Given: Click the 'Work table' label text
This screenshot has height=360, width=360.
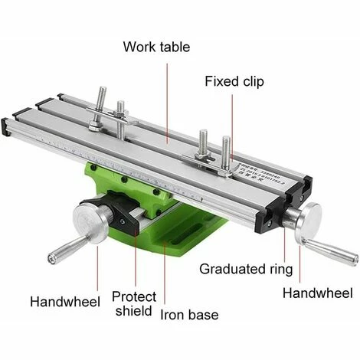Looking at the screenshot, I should (x=158, y=46).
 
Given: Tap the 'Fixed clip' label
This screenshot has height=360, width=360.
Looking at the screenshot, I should (x=237, y=81).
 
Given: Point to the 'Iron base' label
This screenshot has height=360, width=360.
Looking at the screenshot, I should (x=189, y=315).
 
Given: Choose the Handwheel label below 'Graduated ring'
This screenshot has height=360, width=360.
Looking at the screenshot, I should (x=317, y=293).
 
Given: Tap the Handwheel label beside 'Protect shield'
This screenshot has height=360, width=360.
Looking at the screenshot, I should (x=65, y=302).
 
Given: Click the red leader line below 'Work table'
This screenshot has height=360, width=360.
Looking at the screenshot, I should (x=167, y=100).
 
